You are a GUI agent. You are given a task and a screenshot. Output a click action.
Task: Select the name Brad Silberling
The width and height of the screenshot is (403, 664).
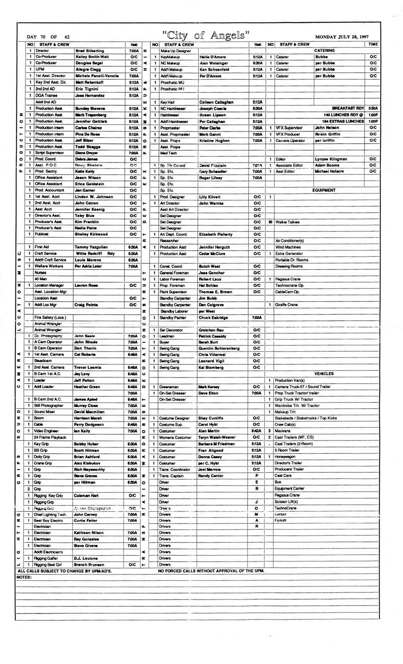pyautogui.click(x=90, y=50)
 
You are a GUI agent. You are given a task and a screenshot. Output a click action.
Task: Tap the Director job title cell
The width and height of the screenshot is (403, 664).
pyautogui.click(x=42, y=50)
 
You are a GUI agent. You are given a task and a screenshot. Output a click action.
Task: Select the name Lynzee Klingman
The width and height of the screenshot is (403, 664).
pyautogui.click(x=332, y=159)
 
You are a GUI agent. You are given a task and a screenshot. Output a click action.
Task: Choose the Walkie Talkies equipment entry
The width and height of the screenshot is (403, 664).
pyautogui.click(x=288, y=222)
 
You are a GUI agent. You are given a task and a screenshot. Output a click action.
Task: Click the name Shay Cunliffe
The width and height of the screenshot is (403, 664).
pyautogui.click(x=213, y=418)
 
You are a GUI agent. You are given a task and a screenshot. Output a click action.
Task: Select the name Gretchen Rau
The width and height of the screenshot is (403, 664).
pyautogui.click(x=210, y=330)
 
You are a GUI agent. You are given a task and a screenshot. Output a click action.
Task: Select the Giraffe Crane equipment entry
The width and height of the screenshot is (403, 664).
pyautogui.click(x=287, y=305)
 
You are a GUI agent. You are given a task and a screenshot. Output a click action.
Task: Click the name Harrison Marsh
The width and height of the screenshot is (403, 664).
pyautogui.click(x=89, y=418)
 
